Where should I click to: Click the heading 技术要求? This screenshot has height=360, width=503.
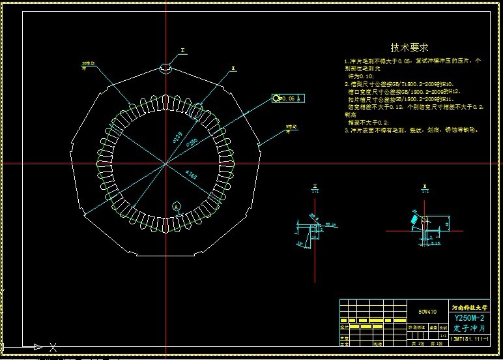(409, 48)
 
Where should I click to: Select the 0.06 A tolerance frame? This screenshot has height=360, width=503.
(288, 98)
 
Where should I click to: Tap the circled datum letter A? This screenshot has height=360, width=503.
(176, 206)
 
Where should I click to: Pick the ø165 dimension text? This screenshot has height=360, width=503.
(192, 175)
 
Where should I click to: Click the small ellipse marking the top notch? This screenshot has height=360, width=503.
(165, 67)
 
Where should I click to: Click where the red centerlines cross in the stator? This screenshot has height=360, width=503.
(165, 163)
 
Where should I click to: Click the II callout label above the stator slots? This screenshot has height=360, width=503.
(233, 68)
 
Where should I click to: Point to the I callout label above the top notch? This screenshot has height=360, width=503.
(183, 50)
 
